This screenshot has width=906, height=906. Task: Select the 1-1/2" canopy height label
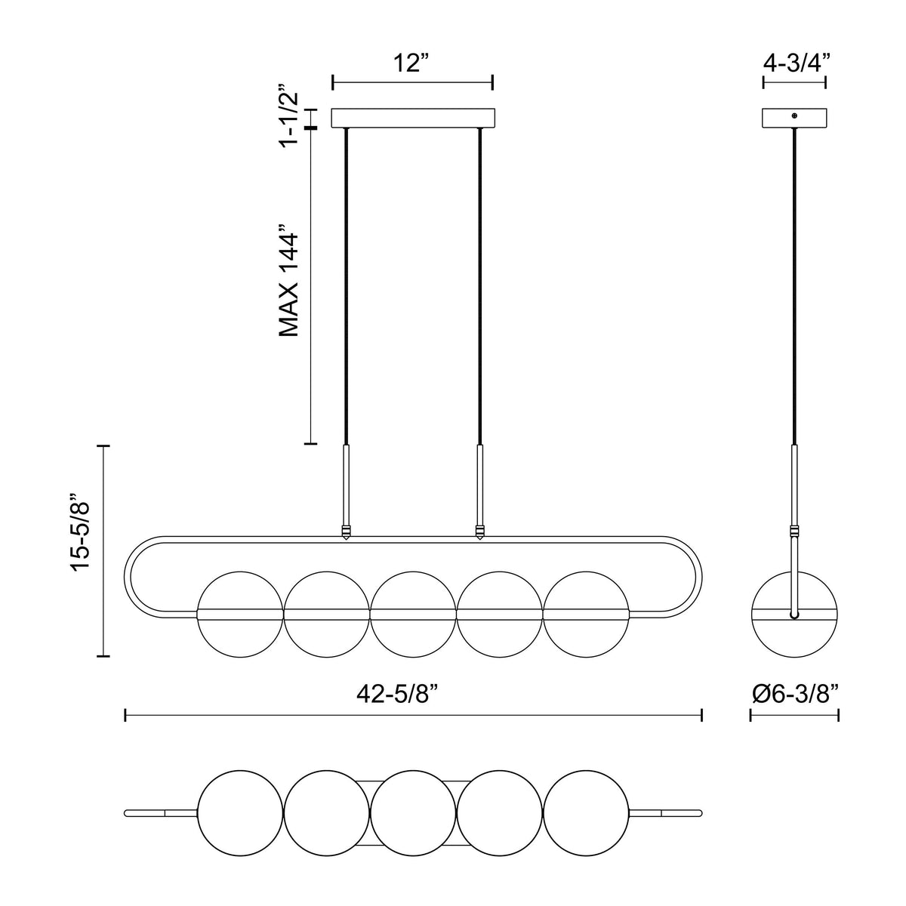(x=288, y=116)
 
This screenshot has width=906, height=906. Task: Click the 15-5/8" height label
(x=80, y=539)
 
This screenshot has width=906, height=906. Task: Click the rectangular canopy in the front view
(x=413, y=118)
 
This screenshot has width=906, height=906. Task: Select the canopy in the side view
(x=794, y=118)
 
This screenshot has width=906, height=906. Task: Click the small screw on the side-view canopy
(x=794, y=116)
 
